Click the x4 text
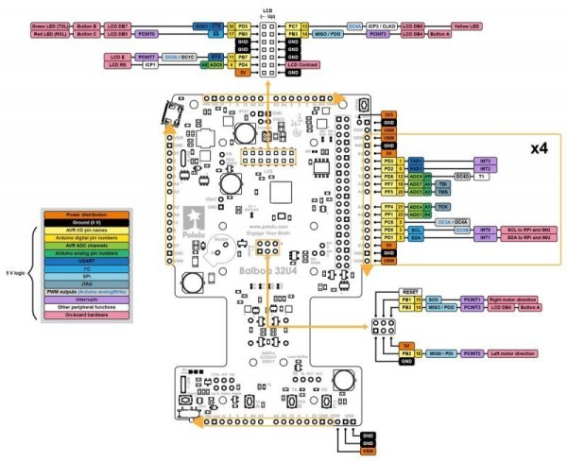[x=539, y=148]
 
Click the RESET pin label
[x=409, y=291]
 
